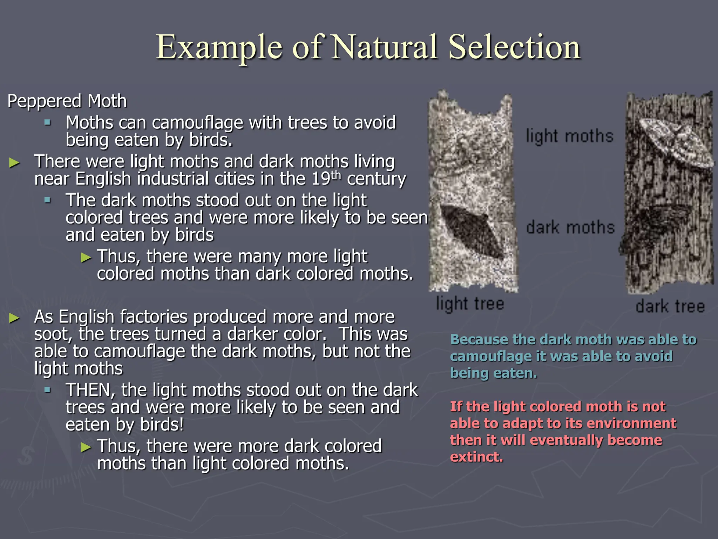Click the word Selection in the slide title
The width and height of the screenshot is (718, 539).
click(x=514, y=47)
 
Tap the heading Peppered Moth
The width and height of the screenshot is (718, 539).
click(x=67, y=101)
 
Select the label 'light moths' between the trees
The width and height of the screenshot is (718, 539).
click(x=569, y=136)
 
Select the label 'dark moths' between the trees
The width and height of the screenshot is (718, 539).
click(x=570, y=227)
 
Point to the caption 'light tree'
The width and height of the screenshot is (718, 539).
click(x=470, y=304)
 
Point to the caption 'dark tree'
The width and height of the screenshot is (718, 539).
click(x=670, y=306)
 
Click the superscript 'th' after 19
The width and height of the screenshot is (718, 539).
click(x=336, y=174)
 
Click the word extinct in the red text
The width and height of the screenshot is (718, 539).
click(x=476, y=457)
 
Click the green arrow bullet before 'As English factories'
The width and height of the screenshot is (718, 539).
click(x=14, y=318)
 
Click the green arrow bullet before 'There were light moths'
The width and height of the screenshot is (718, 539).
click(x=14, y=162)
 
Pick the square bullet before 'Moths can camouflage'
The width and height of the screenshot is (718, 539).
click(x=48, y=123)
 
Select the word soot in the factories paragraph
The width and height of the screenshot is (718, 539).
click(x=53, y=334)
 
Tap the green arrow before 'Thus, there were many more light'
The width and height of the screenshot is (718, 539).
click(x=86, y=258)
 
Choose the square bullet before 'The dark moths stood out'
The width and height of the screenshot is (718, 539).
click(x=48, y=200)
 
